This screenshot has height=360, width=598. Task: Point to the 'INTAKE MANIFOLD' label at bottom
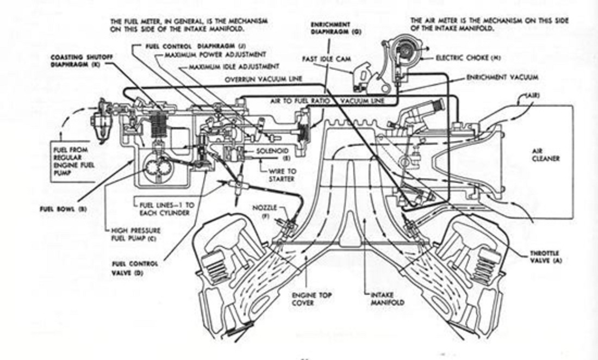387,298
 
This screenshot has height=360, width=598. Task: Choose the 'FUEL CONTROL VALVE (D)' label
127,268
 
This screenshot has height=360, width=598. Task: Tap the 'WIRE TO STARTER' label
282,175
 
